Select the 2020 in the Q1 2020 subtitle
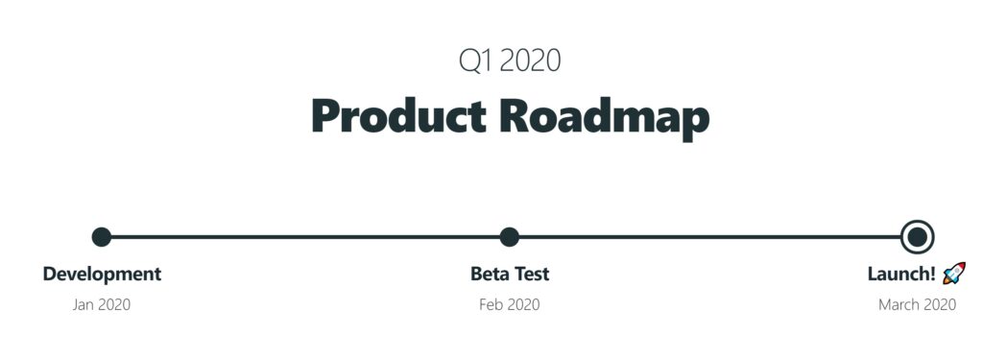[531, 60]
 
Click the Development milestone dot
[102, 236]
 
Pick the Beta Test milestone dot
[510, 236]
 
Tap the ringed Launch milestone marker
[918, 236]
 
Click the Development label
[102, 274]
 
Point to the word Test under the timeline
[531, 274]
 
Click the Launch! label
[901, 274]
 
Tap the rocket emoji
[953, 274]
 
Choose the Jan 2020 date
[102, 305]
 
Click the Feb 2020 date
[510, 305]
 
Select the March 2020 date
[917, 305]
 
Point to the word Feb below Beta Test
[491, 305]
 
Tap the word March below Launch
[898, 305]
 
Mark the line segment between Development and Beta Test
[305, 236]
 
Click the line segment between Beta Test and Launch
[710, 236]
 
